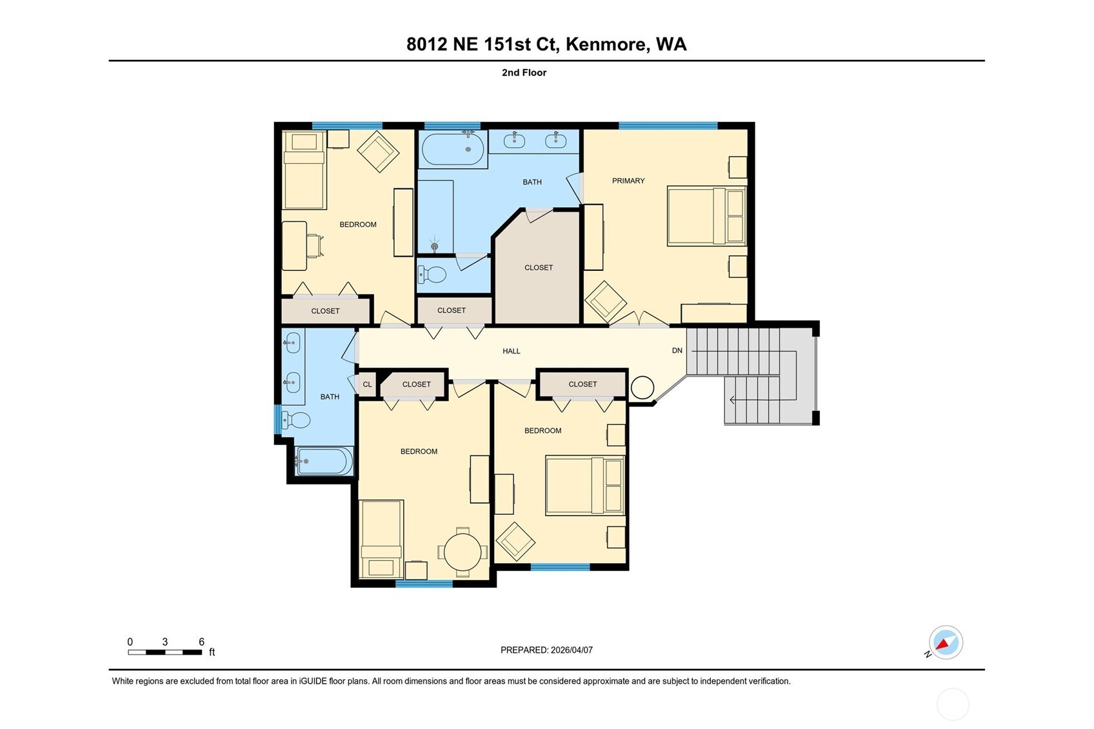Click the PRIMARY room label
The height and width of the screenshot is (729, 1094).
tap(628, 181)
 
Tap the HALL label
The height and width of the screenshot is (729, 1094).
tap(511, 351)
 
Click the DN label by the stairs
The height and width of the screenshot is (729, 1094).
tap(677, 350)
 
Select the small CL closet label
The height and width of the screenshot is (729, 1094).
tap(367, 384)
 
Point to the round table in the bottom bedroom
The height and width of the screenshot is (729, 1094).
tap(462, 552)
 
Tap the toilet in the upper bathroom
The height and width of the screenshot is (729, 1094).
tap(433, 275)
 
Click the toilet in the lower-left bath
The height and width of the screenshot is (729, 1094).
tap(296, 421)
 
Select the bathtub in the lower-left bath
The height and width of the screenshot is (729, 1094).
tap(324, 461)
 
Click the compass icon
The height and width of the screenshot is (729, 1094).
tap(945, 643)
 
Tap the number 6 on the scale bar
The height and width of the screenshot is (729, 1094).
tap(201, 642)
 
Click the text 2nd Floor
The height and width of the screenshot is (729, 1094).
tap(524, 73)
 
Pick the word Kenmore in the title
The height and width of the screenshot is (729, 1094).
tap(606, 44)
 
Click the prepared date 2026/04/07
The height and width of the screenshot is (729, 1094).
tap(571, 650)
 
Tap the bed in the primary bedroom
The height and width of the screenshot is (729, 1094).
tap(706, 216)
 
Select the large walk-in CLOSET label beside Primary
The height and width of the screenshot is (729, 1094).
tap(538, 268)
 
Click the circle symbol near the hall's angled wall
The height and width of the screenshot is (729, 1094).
tap(642, 388)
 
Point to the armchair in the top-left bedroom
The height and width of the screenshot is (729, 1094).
tap(378, 152)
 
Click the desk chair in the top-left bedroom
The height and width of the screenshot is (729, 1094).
tap(314, 246)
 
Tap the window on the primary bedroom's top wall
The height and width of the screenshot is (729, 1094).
tap(668, 125)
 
